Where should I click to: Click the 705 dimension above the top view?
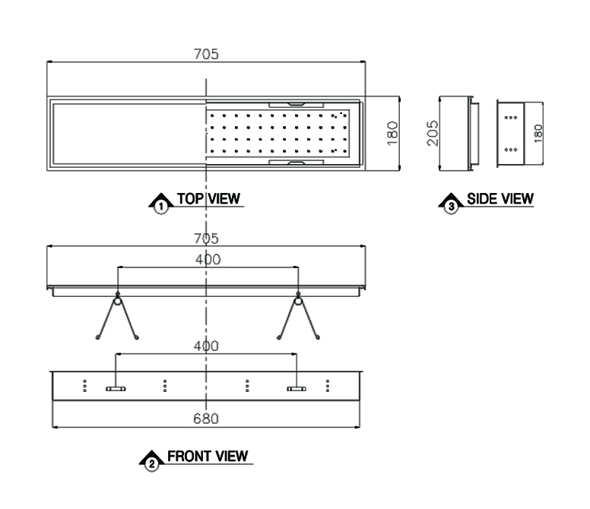pyautogui.click(x=206, y=54)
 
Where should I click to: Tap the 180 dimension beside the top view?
pyautogui.click(x=392, y=133)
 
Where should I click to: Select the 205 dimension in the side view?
pyautogui.click(x=433, y=133)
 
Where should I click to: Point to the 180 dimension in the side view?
pyautogui.click(x=538, y=134)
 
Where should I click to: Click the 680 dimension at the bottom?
pyautogui.click(x=206, y=419)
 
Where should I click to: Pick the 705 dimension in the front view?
pyautogui.click(x=206, y=239)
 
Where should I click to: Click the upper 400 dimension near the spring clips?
pyautogui.click(x=208, y=259)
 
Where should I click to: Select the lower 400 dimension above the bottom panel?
pyautogui.click(x=206, y=346)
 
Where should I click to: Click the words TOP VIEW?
pyautogui.click(x=208, y=198)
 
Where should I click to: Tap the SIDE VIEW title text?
pyautogui.click(x=500, y=198)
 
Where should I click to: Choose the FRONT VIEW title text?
pyautogui.click(x=208, y=456)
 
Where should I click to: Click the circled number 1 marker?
pyautogui.click(x=161, y=207)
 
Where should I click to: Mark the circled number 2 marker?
pyautogui.click(x=151, y=464)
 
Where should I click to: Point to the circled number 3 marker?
pyautogui.click(x=451, y=207)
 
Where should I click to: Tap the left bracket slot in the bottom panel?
pyautogui.click(x=116, y=389)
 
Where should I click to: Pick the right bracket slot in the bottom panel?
pyautogui.click(x=297, y=389)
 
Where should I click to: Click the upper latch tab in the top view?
pyautogui.click(x=297, y=104)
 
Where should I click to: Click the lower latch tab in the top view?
pyautogui.click(x=297, y=163)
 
